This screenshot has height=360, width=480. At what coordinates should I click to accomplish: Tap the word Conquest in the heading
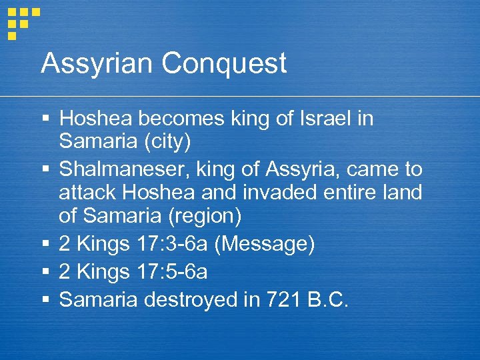point(224,64)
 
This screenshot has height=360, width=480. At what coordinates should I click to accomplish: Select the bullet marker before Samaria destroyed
point(45,300)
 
